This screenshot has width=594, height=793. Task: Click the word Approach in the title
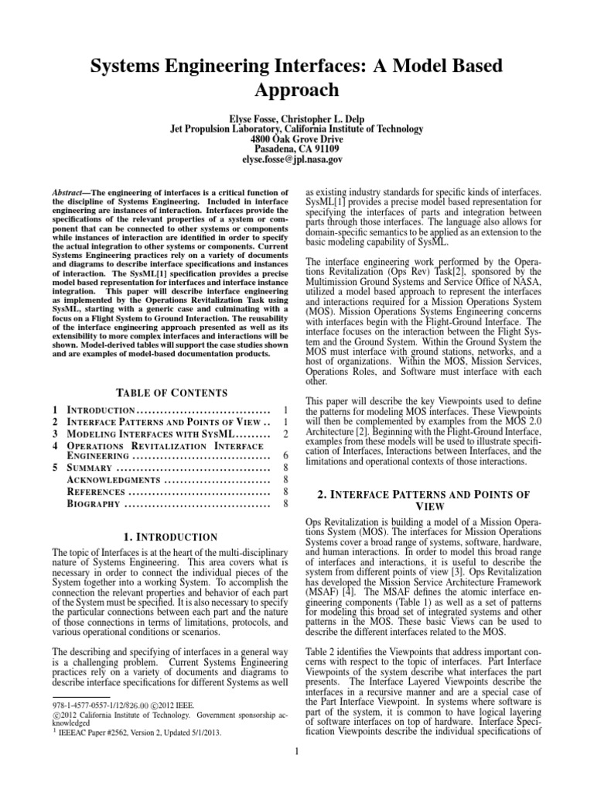(x=296, y=89)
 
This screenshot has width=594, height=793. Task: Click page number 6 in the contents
(x=286, y=456)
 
